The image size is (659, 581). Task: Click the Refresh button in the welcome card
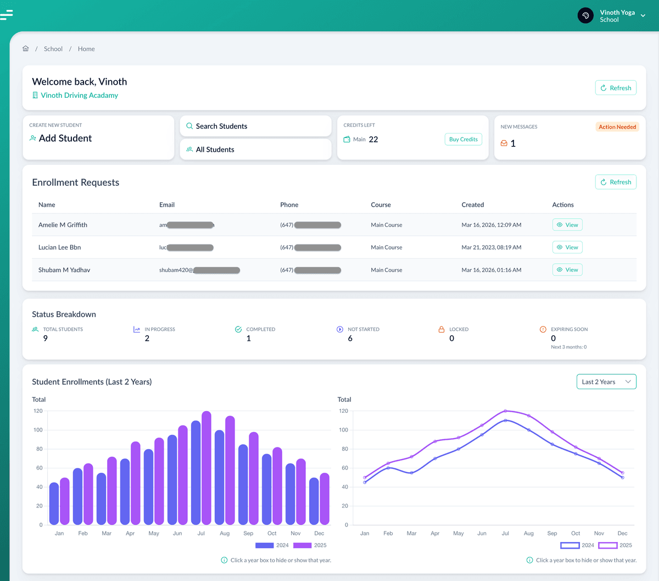click(616, 88)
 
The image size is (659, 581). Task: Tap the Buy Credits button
click(463, 140)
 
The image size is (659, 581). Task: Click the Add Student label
click(65, 139)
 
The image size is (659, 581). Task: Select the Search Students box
click(255, 126)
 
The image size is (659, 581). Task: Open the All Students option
click(255, 150)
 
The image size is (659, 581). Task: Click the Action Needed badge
click(617, 127)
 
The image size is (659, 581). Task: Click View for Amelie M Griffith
click(567, 225)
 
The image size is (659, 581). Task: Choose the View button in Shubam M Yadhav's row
click(567, 270)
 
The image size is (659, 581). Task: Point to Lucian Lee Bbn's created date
click(491, 247)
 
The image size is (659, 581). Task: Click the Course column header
click(381, 205)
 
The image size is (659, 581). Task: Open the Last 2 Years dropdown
click(606, 382)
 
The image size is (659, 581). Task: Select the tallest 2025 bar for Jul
click(206, 467)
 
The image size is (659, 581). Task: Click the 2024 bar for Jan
click(54, 503)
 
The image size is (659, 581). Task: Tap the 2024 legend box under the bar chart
click(265, 545)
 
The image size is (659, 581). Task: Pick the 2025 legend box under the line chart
click(608, 545)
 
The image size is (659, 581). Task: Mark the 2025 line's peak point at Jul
click(505, 411)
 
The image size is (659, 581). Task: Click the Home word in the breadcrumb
click(86, 49)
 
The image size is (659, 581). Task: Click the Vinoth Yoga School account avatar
click(585, 15)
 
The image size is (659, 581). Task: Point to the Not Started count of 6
click(350, 339)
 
